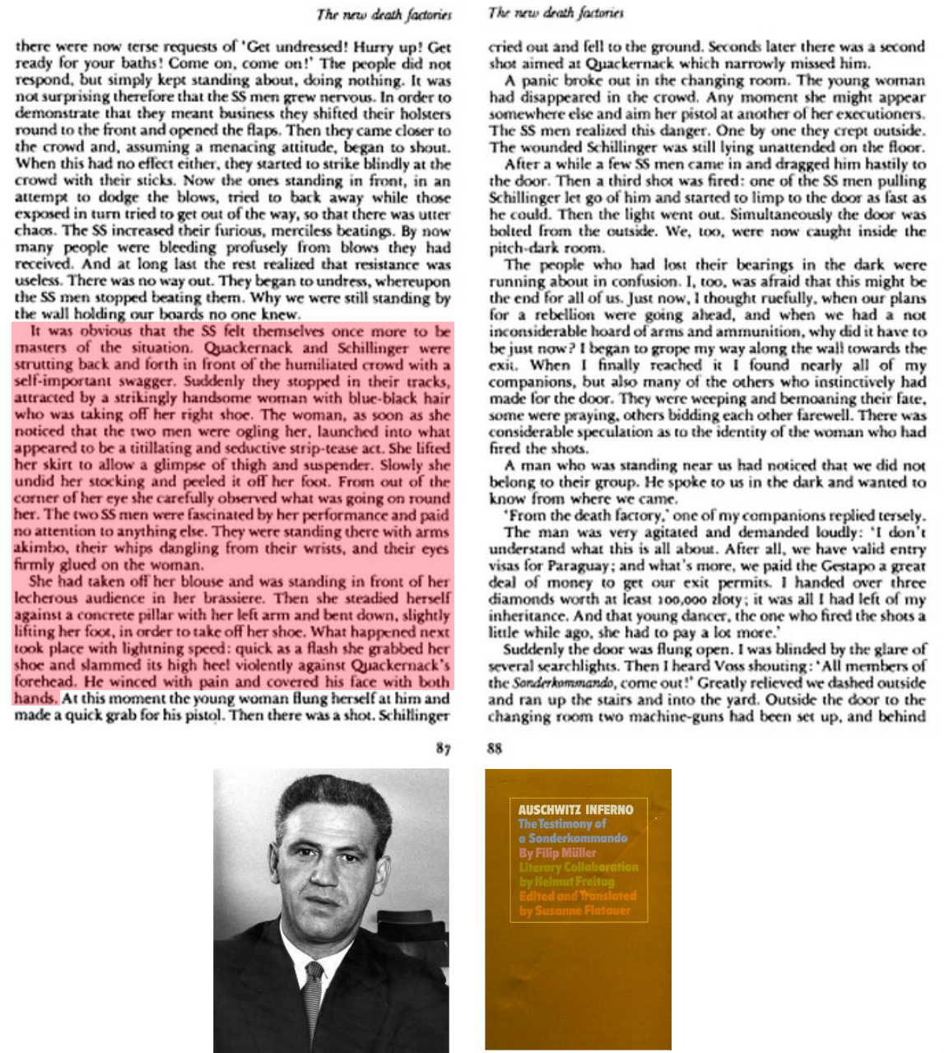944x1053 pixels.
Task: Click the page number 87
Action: pos(444,748)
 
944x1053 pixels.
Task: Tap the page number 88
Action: pos(495,748)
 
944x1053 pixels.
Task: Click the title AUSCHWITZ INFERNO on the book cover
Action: pos(575,809)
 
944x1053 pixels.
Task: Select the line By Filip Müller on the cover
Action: pos(557,853)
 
